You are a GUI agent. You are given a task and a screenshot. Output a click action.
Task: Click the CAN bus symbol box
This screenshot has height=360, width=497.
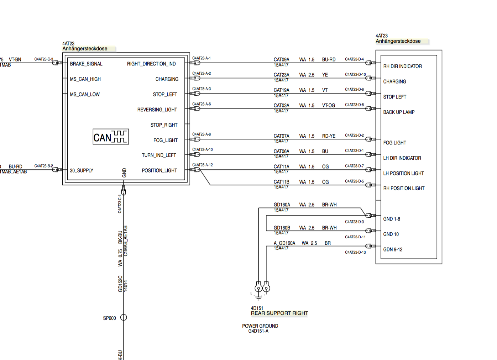point(111,137)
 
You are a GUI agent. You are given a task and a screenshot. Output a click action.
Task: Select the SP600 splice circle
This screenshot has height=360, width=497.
point(124,317)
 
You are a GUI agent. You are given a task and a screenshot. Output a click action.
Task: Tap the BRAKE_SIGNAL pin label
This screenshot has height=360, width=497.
point(86,64)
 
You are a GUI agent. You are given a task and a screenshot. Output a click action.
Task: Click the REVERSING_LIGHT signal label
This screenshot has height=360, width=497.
point(157,110)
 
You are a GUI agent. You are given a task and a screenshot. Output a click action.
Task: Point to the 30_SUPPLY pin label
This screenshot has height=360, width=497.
point(82,171)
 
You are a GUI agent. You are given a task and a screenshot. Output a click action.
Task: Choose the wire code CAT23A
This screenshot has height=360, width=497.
point(281,75)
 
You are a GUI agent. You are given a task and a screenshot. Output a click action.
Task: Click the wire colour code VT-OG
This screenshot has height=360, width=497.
point(328,106)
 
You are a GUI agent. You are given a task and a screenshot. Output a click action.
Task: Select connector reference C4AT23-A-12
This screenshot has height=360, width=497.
point(203,165)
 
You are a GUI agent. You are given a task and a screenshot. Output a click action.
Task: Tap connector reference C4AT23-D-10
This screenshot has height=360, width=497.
point(355,75)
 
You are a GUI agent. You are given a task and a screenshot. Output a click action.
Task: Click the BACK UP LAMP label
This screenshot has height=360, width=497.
point(399,112)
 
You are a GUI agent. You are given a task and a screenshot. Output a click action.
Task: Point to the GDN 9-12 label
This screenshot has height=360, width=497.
point(393,250)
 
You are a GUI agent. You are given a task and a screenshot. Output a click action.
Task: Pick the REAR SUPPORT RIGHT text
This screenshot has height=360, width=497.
point(279,313)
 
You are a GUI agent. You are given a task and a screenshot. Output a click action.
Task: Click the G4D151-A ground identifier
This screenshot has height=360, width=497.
point(258,331)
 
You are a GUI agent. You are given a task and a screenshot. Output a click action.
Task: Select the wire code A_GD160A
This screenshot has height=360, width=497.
point(284,243)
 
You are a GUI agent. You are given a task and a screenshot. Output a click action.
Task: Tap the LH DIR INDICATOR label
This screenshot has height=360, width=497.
point(402,158)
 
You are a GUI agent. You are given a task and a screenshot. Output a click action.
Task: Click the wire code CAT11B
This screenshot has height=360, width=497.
point(281,182)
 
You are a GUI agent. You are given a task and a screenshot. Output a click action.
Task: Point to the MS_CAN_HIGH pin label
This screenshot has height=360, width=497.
point(85,79)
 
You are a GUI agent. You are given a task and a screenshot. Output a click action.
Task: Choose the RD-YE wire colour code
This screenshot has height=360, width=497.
point(329,136)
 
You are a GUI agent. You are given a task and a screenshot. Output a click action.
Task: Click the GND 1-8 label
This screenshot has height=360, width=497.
point(392,219)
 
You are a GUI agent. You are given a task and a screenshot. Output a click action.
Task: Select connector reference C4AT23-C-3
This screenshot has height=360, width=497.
point(43,59)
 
